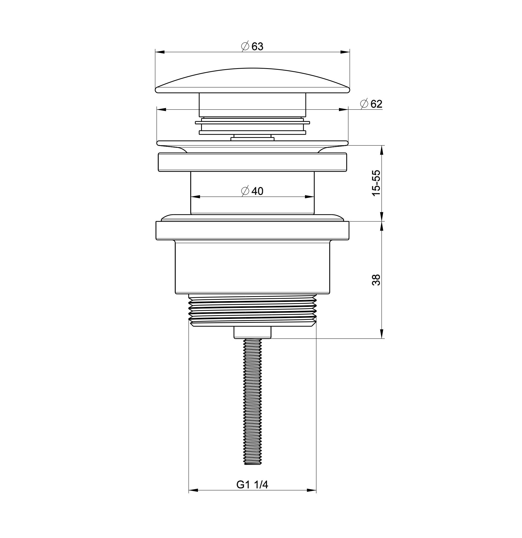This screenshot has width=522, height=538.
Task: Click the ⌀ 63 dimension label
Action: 252,46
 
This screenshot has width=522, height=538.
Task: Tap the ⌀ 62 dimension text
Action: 371,104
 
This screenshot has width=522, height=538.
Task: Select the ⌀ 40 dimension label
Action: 252,191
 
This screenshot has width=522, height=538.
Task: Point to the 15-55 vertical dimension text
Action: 376,183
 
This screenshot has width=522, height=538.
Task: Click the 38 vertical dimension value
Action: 376,280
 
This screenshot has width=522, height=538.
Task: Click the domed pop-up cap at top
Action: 252,80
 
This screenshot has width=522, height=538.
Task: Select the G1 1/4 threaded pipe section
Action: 252,310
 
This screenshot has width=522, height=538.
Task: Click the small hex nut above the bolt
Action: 252,332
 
